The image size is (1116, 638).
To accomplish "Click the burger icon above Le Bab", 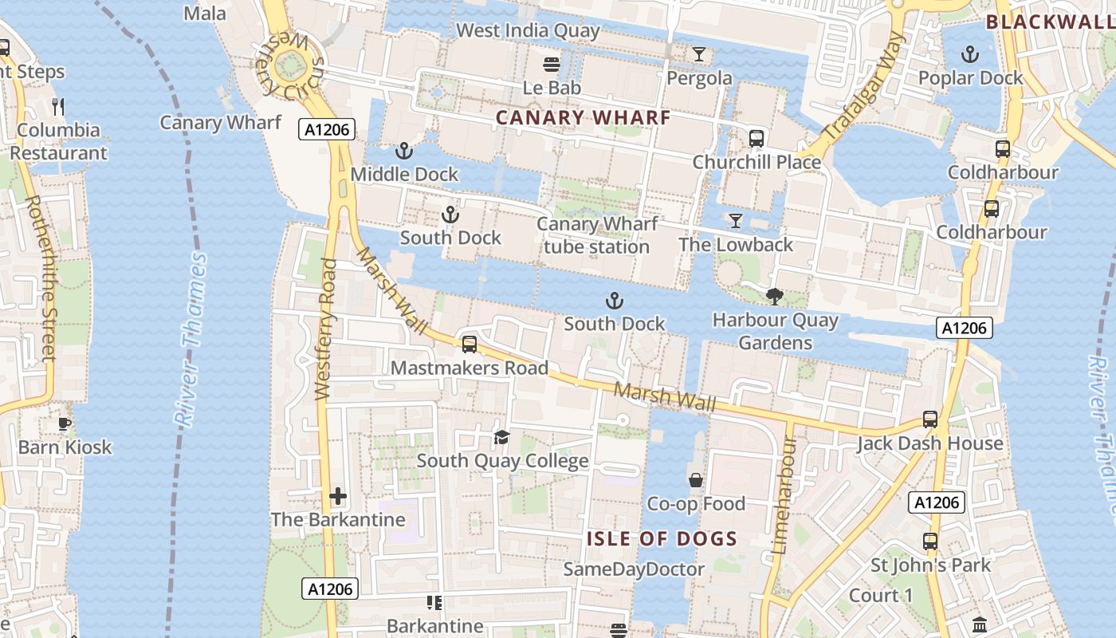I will (x=551, y=64).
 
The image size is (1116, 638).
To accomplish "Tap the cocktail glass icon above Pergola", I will (x=699, y=54).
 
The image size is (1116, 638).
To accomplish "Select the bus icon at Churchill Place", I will (x=756, y=139).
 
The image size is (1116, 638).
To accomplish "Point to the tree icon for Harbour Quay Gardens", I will (x=774, y=297).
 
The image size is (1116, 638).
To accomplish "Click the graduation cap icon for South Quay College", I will (x=501, y=437).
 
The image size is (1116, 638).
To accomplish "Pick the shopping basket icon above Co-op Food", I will (x=696, y=480).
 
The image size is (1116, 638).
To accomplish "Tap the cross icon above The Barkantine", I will (x=338, y=496).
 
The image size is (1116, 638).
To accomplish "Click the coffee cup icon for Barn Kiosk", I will (x=65, y=423).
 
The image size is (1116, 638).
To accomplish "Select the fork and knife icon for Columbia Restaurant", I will (x=57, y=106).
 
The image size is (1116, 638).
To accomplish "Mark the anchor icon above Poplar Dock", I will (x=970, y=54).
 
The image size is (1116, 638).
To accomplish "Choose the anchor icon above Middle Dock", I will (x=404, y=151).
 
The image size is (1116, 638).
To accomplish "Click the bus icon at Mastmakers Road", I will (x=470, y=345).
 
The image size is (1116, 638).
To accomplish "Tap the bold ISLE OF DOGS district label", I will (x=662, y=538).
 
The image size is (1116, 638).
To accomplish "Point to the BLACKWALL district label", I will (x=1050, y=22).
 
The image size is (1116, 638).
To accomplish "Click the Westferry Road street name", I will (x=324, y=329).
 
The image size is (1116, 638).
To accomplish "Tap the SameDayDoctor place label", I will (x=634, y=569).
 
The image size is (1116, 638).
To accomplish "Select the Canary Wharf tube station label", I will (x=596, y=235).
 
